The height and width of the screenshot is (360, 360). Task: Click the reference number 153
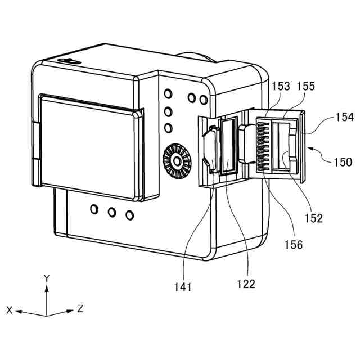[x=281, y=87]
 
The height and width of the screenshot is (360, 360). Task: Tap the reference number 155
[x=307, y=87]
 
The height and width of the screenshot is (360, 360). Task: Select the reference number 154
[x=345, y=117]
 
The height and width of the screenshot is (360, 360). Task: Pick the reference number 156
[x=293, y=244]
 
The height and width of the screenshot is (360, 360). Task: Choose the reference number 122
[x=246, y=284]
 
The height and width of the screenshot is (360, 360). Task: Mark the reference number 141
[x=183, y=287]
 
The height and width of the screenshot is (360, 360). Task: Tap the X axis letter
[x=9, y=310]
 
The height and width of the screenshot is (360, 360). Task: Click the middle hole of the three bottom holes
[x=111, y=211]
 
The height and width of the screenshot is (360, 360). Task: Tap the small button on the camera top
[x=69, y=60]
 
